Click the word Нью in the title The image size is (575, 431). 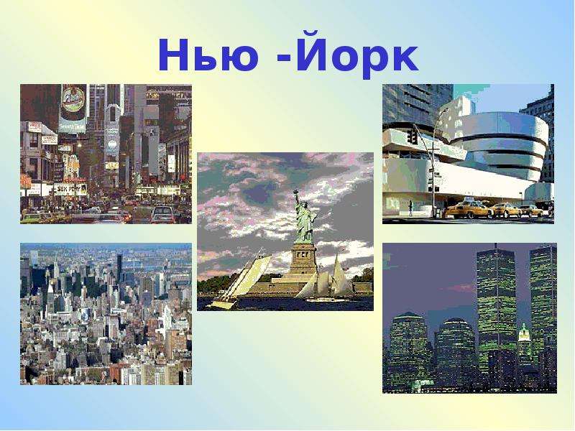[208, 55]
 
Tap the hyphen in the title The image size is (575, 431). [284, 57]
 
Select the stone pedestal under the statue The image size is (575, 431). [303, 259]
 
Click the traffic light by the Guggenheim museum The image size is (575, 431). [413, 136]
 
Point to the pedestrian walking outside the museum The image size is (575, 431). [410, 208]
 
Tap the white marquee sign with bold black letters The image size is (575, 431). [70, 190]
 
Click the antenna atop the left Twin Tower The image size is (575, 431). [496, 246]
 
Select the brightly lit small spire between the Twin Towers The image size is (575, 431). [525, 333]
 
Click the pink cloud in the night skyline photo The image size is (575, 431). [459, 288]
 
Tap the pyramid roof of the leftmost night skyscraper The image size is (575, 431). [408, 316]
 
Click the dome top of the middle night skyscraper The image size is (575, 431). [455, 323]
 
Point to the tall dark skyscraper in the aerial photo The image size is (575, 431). [119, 267]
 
